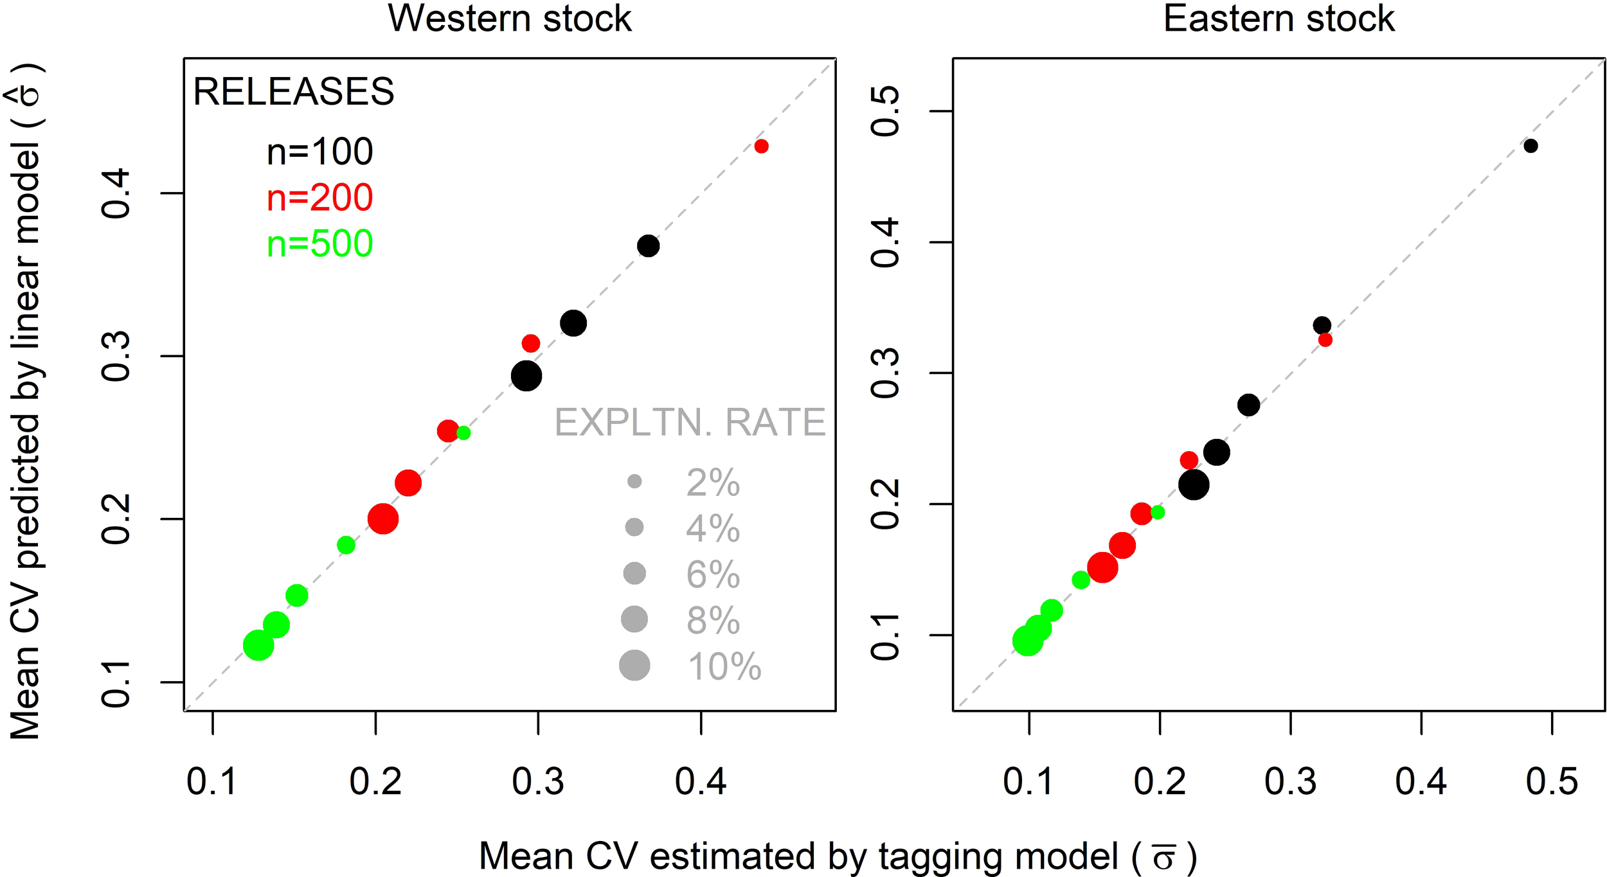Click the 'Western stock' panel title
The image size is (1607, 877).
pyautogui.click(x=509, y=19)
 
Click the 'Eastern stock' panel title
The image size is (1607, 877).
pyautogui.click(x=1279, y=19)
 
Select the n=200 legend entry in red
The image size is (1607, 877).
pyautogui.click(x=319, y=198)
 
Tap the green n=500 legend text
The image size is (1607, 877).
pyautogui.click(x=319, y=244)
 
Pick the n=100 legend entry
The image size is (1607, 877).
pyautogui.click(x=319, y=152)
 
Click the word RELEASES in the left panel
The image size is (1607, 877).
pyautogui.click(x=293, y=92)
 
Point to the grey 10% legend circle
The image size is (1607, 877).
pyautogui.click(x=634, y=665)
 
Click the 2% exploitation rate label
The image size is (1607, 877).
pyautogui.click(x=713, y=483)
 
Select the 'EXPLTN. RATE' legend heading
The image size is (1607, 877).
pyautogui.click(x=690, y=423)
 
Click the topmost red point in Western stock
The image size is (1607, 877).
pyautogui.click(x=761, y=146)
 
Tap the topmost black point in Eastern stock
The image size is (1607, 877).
pyautogui.click(x=1531, y=146)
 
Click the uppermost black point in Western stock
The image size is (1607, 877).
pyautogui.click(x=648, y=245)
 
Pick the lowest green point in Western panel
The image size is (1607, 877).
pyautogui.click(x=258, y=644)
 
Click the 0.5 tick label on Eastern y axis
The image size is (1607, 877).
pyautogui.click(x=886, y=112)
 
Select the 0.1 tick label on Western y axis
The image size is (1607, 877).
pyautogui.click(x=117, y=684)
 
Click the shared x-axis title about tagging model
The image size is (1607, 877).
pyautogui.click(x=836, y=856)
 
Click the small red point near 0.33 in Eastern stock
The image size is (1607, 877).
pyautogui.click(x=1325, y=340)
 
